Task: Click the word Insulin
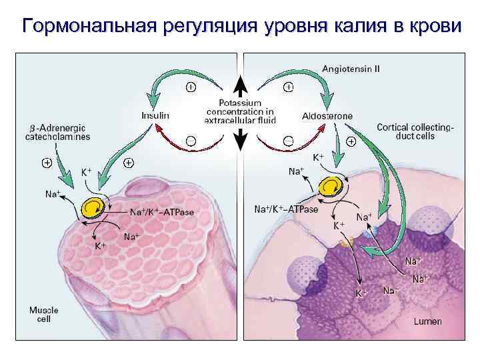[x=156, y=115]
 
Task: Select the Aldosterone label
[x=327, y=116]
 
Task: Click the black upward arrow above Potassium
[x=239, y=87]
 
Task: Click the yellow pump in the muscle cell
[x=93, y=208]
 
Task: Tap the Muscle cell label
[x=43, y=315]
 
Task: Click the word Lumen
[x=427, y=321]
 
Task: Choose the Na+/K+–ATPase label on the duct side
[x=287, y=209]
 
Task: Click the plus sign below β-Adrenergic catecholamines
[x=47, y=162]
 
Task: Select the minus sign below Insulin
[x=191, y=141]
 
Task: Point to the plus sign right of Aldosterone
[x=351, y=141]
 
